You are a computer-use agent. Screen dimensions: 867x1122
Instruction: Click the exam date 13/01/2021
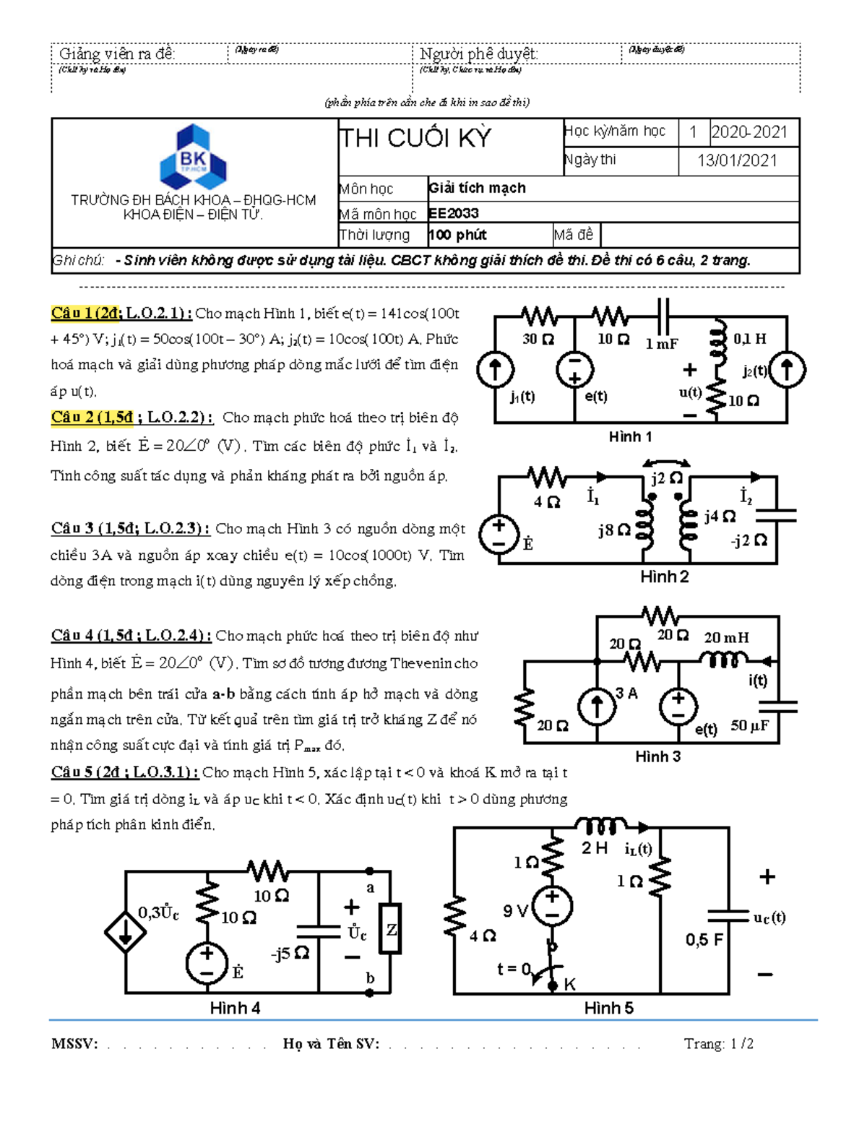[737, 160]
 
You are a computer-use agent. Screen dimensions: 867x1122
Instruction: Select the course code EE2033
[454, 213]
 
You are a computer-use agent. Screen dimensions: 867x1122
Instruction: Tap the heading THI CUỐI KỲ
[415, 138]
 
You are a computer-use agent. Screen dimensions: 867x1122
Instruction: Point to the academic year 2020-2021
[749, 131]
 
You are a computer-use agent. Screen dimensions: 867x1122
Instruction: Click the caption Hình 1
[630, 436]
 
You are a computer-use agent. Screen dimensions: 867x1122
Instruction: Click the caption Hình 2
[664, 577]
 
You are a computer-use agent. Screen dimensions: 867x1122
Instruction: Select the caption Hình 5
[608, 1008]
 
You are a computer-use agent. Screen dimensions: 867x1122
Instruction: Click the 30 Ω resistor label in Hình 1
[538, 339]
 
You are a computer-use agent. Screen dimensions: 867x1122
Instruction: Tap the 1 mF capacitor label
[662, 344]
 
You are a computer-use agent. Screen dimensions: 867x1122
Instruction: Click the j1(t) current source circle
[496, 369]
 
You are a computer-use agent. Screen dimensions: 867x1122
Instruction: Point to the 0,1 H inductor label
[750, 338]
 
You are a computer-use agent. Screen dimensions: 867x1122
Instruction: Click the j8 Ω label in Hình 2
[614, 530]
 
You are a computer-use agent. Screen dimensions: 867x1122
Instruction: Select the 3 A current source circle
[597, 706]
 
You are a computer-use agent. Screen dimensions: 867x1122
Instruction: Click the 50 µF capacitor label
[749, 725]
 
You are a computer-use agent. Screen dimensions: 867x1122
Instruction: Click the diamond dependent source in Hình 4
[126, 933]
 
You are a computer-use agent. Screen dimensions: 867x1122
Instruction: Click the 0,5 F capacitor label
[704, 939]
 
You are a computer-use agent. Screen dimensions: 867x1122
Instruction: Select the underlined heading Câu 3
[130, 528]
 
